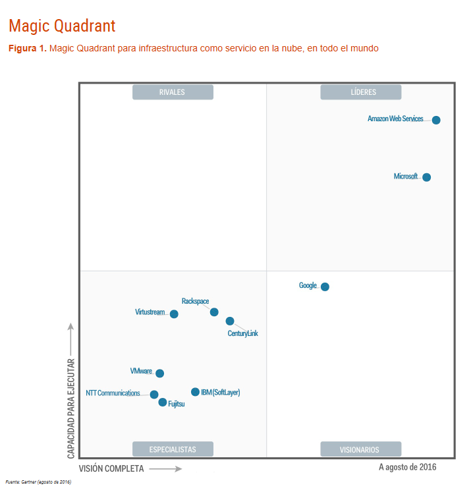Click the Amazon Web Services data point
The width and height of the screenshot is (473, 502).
(x=436, y=120)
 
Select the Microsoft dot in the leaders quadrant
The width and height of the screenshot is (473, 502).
(x=427, y=177)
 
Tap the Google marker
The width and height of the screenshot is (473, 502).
(x=325, y=287)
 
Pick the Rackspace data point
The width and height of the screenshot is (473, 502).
(x=214, y=312)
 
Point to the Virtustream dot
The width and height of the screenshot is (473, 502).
(x=174, y=314)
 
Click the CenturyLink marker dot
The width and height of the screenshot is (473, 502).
(x=230, y=321)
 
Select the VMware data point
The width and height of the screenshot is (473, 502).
(x=159, y=374)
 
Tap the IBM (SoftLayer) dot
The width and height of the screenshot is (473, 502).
(x=195, y=392)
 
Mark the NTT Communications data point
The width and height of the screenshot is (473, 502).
(x=154, y=395)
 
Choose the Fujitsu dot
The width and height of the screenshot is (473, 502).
(x=163, y=403)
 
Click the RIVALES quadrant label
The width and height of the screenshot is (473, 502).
(x=173, y=92)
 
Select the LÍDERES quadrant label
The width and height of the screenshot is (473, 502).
(x=361, y=92)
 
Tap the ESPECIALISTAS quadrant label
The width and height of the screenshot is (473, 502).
(x=173, y=449)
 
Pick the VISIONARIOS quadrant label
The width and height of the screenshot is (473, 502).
(x=360, y=449)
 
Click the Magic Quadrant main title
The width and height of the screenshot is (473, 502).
(x=62, y=26)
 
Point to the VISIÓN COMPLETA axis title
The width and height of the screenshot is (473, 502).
(x=111, y=469)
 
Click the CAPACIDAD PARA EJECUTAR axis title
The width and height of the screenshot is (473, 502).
(x=71, y=408)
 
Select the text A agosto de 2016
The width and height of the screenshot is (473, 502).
(x=407, y=467)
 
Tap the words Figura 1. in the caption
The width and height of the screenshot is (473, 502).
(x=27, y=48)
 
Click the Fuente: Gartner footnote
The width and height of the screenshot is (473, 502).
(x=38, y=482)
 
